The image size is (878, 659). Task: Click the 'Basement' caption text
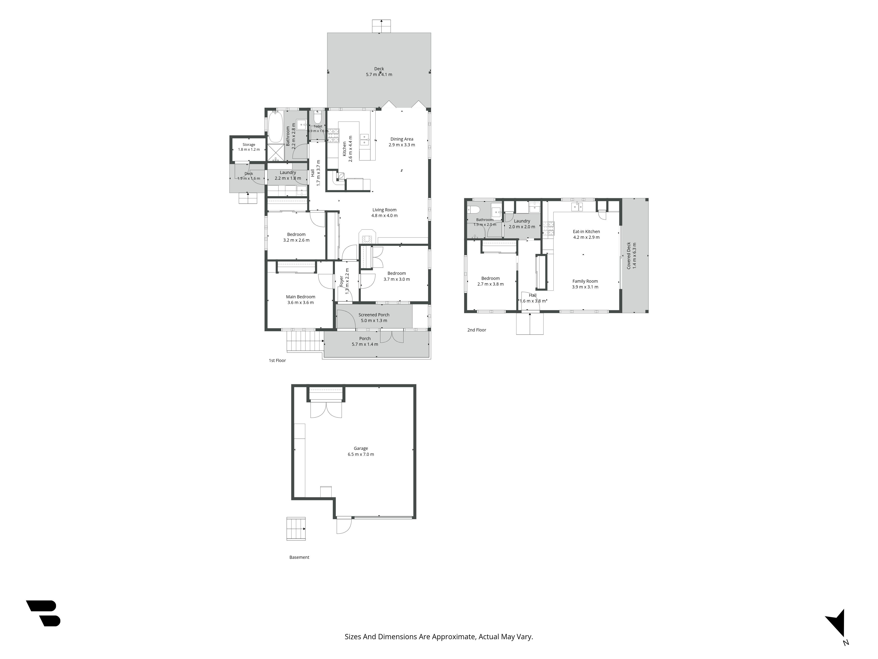pos(299,557)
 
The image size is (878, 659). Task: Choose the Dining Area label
pos(402,139)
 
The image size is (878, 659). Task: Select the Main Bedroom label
pos(300,297)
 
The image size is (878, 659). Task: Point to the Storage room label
pos(249,145)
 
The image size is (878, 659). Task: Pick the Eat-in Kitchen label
pos(586,232)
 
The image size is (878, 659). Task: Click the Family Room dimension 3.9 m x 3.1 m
pos(585,287)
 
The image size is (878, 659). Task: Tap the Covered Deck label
pos(629,256)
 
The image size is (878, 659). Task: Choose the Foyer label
pos(341,281)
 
